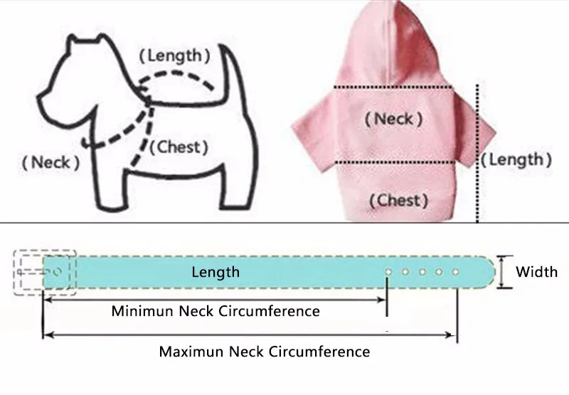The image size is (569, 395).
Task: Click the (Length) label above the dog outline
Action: (x=174, y=54)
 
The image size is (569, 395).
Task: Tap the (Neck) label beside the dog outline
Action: (x=50, y=163)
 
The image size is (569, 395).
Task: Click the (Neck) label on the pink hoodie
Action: (x=393, y=118)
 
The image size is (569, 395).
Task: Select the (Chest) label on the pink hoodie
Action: (x=398, y=200)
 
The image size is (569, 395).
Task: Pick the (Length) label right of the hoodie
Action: (x=517, y=159)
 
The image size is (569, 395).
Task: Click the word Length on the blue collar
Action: (x=216, y=272)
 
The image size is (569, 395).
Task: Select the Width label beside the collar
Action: (x=536, y=271)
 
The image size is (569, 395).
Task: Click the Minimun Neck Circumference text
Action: (x=216, y=311)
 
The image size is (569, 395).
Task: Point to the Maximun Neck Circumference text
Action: (x=264, y=352)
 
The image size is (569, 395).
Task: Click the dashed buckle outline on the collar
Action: (x=45, y=272)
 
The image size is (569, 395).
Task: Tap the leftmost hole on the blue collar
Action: (x=388, y=272)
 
